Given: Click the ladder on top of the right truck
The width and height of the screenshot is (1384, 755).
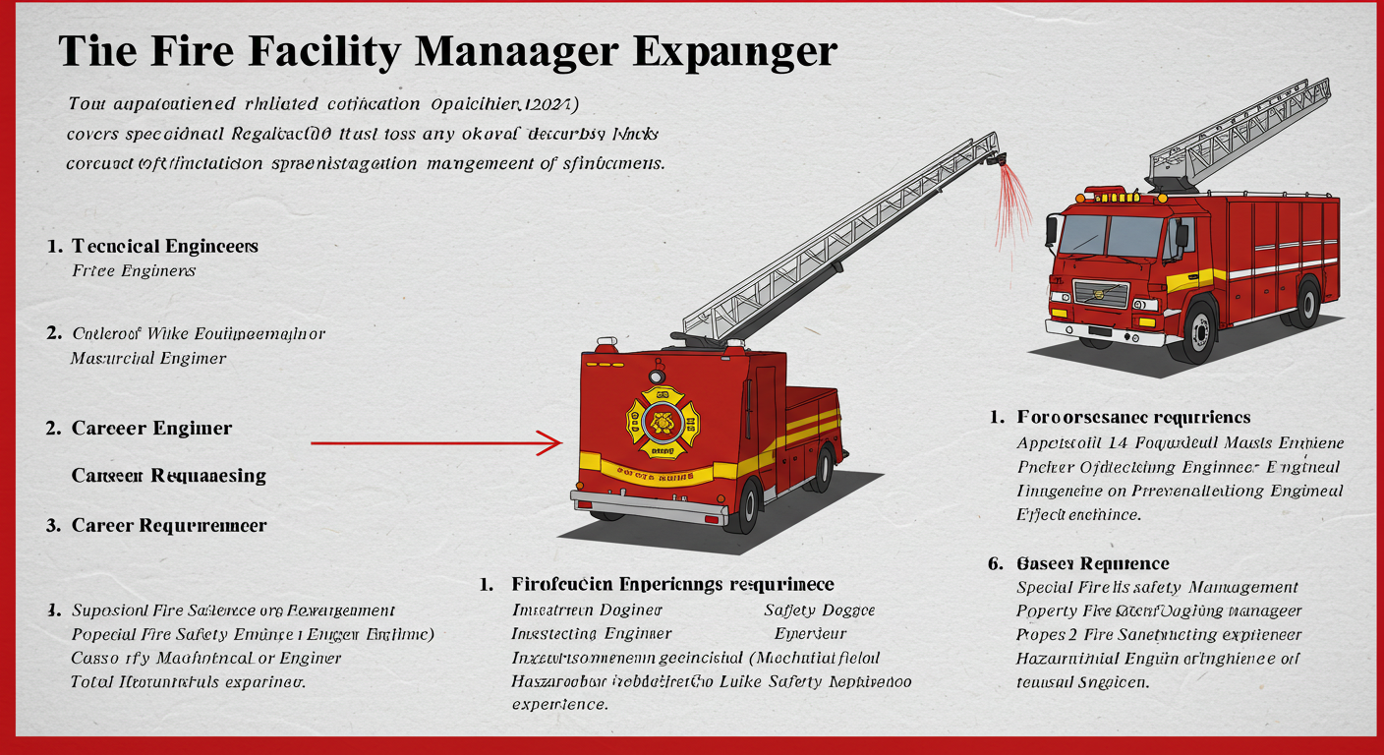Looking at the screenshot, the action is [1239, 133].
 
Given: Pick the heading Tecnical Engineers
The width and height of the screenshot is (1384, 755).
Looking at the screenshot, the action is [165, 246].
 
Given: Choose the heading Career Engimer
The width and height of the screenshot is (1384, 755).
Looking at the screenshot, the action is [151, 428].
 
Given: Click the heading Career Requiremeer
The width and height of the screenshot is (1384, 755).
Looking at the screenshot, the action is [169, 525].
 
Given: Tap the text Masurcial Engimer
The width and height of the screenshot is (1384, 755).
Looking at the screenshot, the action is [148, 358].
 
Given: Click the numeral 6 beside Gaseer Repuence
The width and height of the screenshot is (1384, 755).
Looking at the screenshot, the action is [995, 563].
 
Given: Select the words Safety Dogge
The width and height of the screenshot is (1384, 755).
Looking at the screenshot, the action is [819, 610].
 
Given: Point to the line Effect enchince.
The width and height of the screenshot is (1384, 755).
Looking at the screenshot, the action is [1078, 513].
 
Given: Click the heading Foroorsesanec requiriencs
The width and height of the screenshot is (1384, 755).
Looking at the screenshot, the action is [1133, 418].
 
